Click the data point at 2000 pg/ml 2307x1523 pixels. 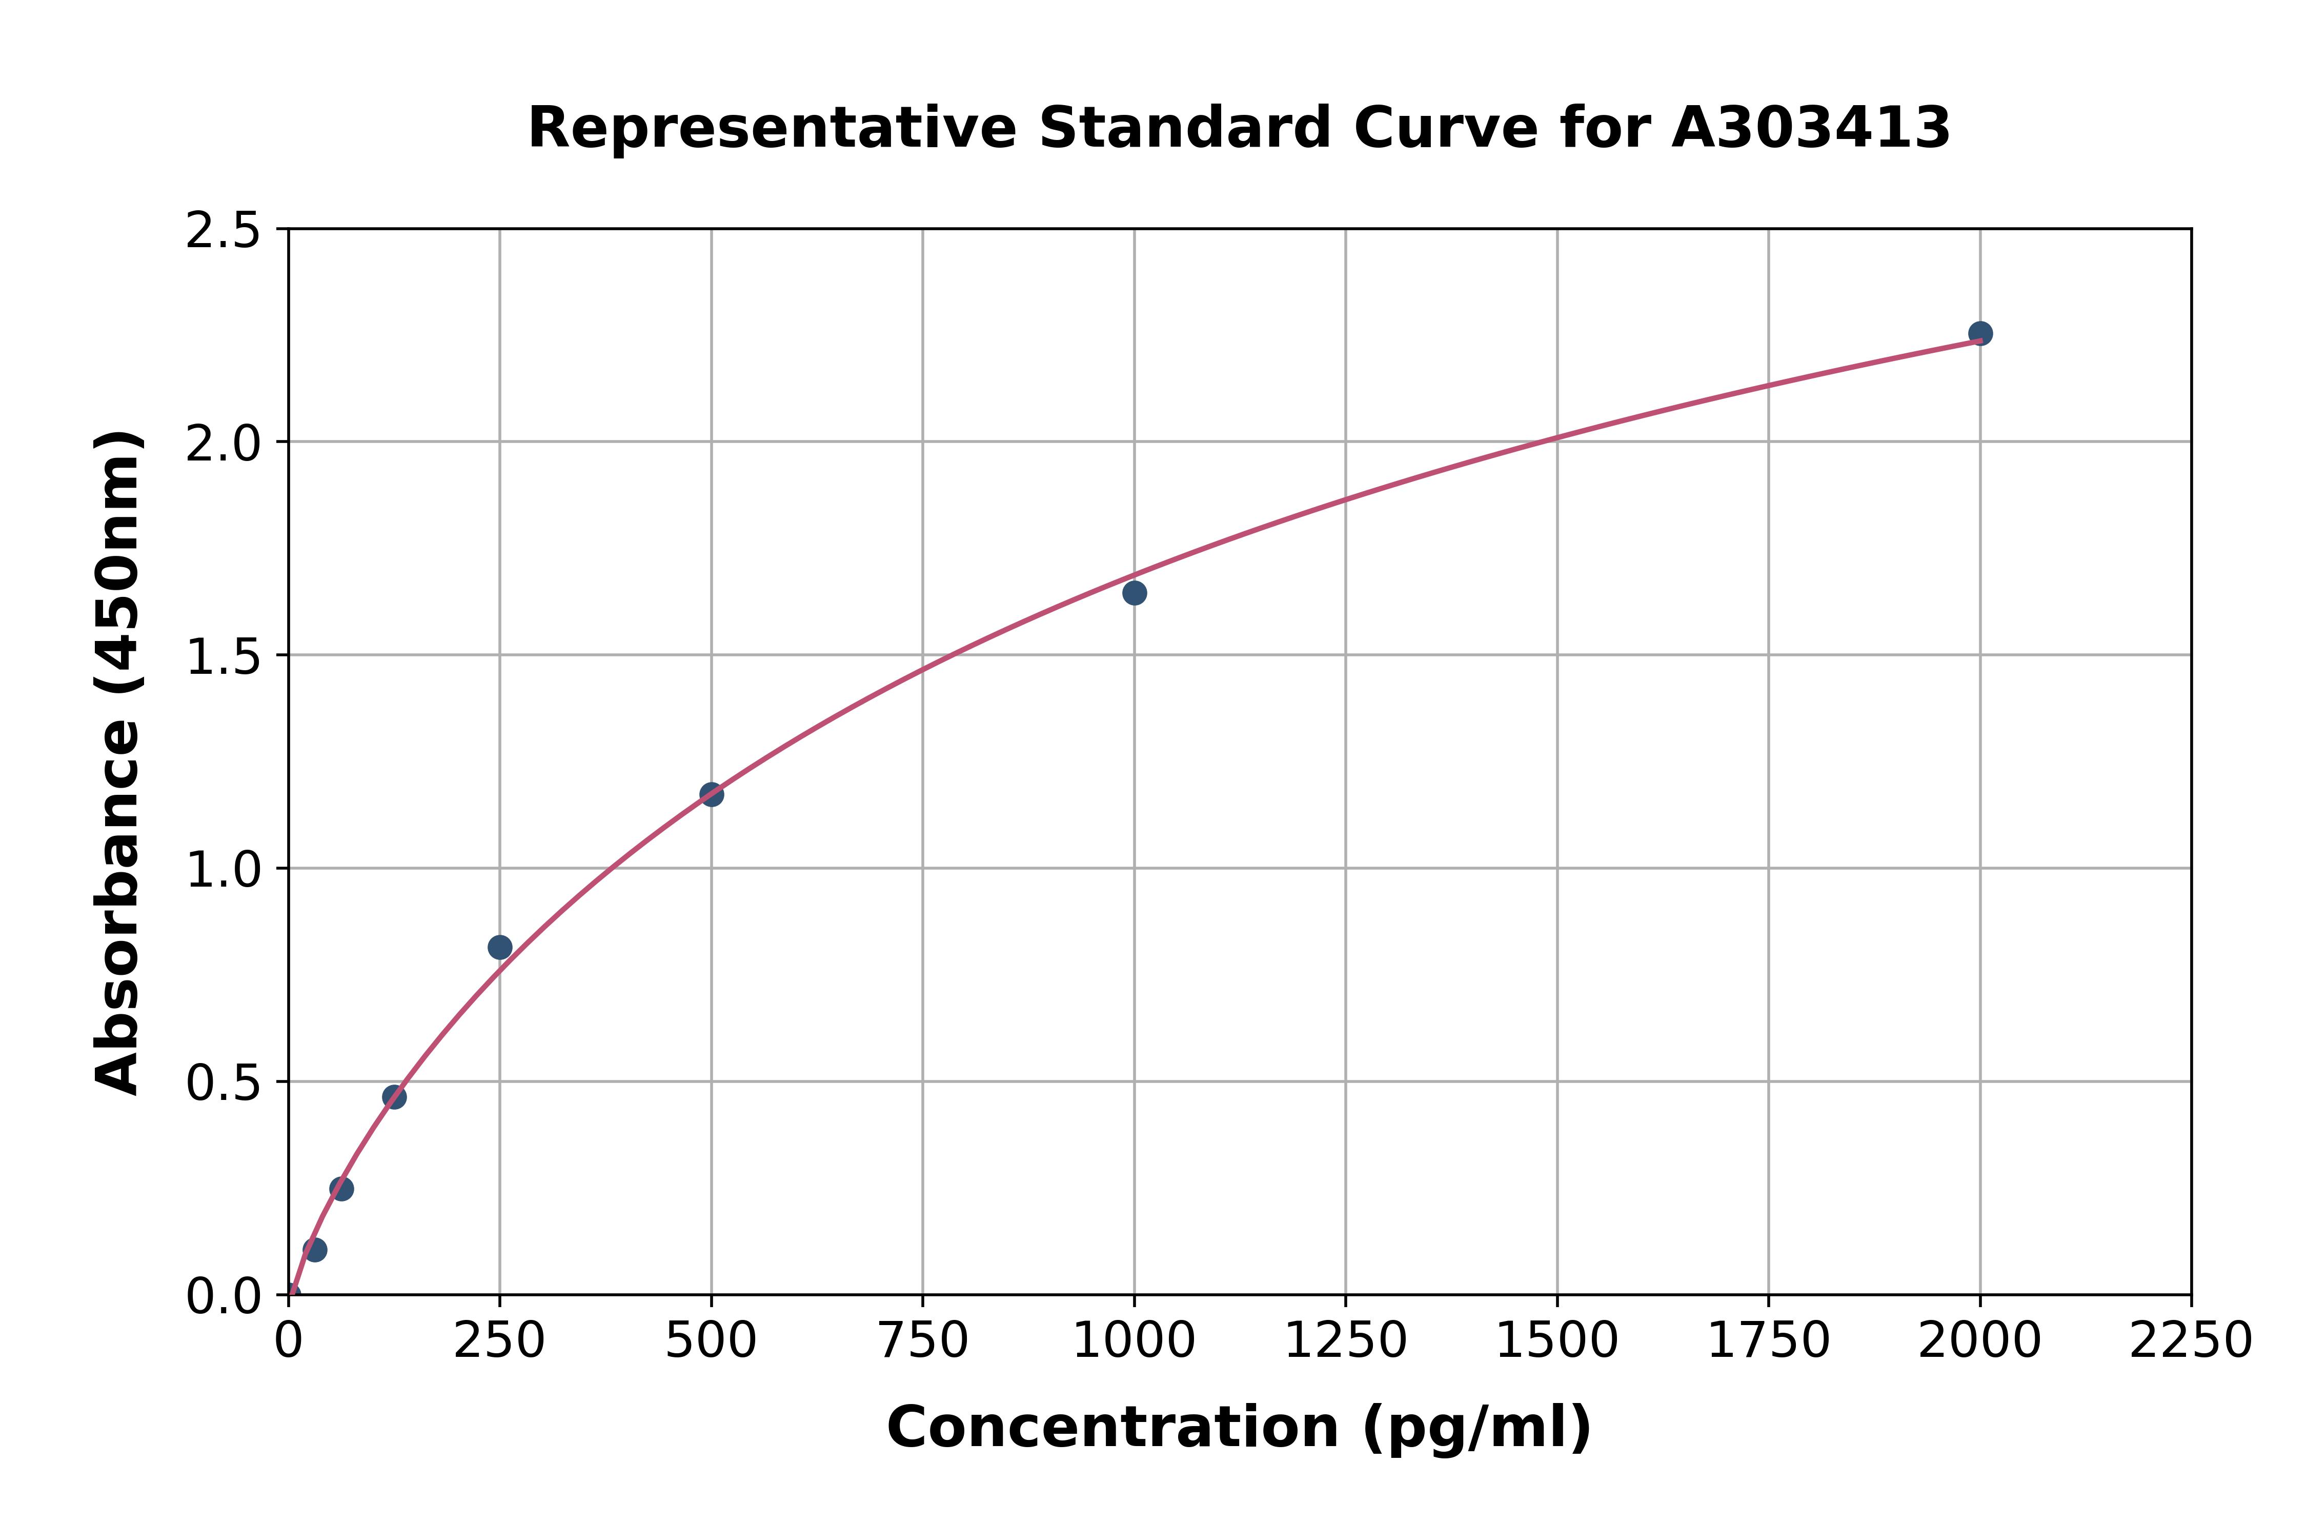(1980, 333)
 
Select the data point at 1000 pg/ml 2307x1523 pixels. (1134, 592)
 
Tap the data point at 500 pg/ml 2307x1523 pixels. (712, 794)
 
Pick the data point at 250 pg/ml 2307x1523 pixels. (500, 947)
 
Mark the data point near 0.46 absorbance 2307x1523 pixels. (394, 1096)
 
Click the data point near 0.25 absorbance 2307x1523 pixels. (342, 1188)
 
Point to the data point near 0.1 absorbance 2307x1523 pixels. (315, 1249)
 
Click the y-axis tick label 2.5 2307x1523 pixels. (224, 230)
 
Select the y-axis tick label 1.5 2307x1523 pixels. (224, 656)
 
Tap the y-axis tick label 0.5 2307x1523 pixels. (224, 1082)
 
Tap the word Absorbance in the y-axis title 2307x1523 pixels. (118, 898)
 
